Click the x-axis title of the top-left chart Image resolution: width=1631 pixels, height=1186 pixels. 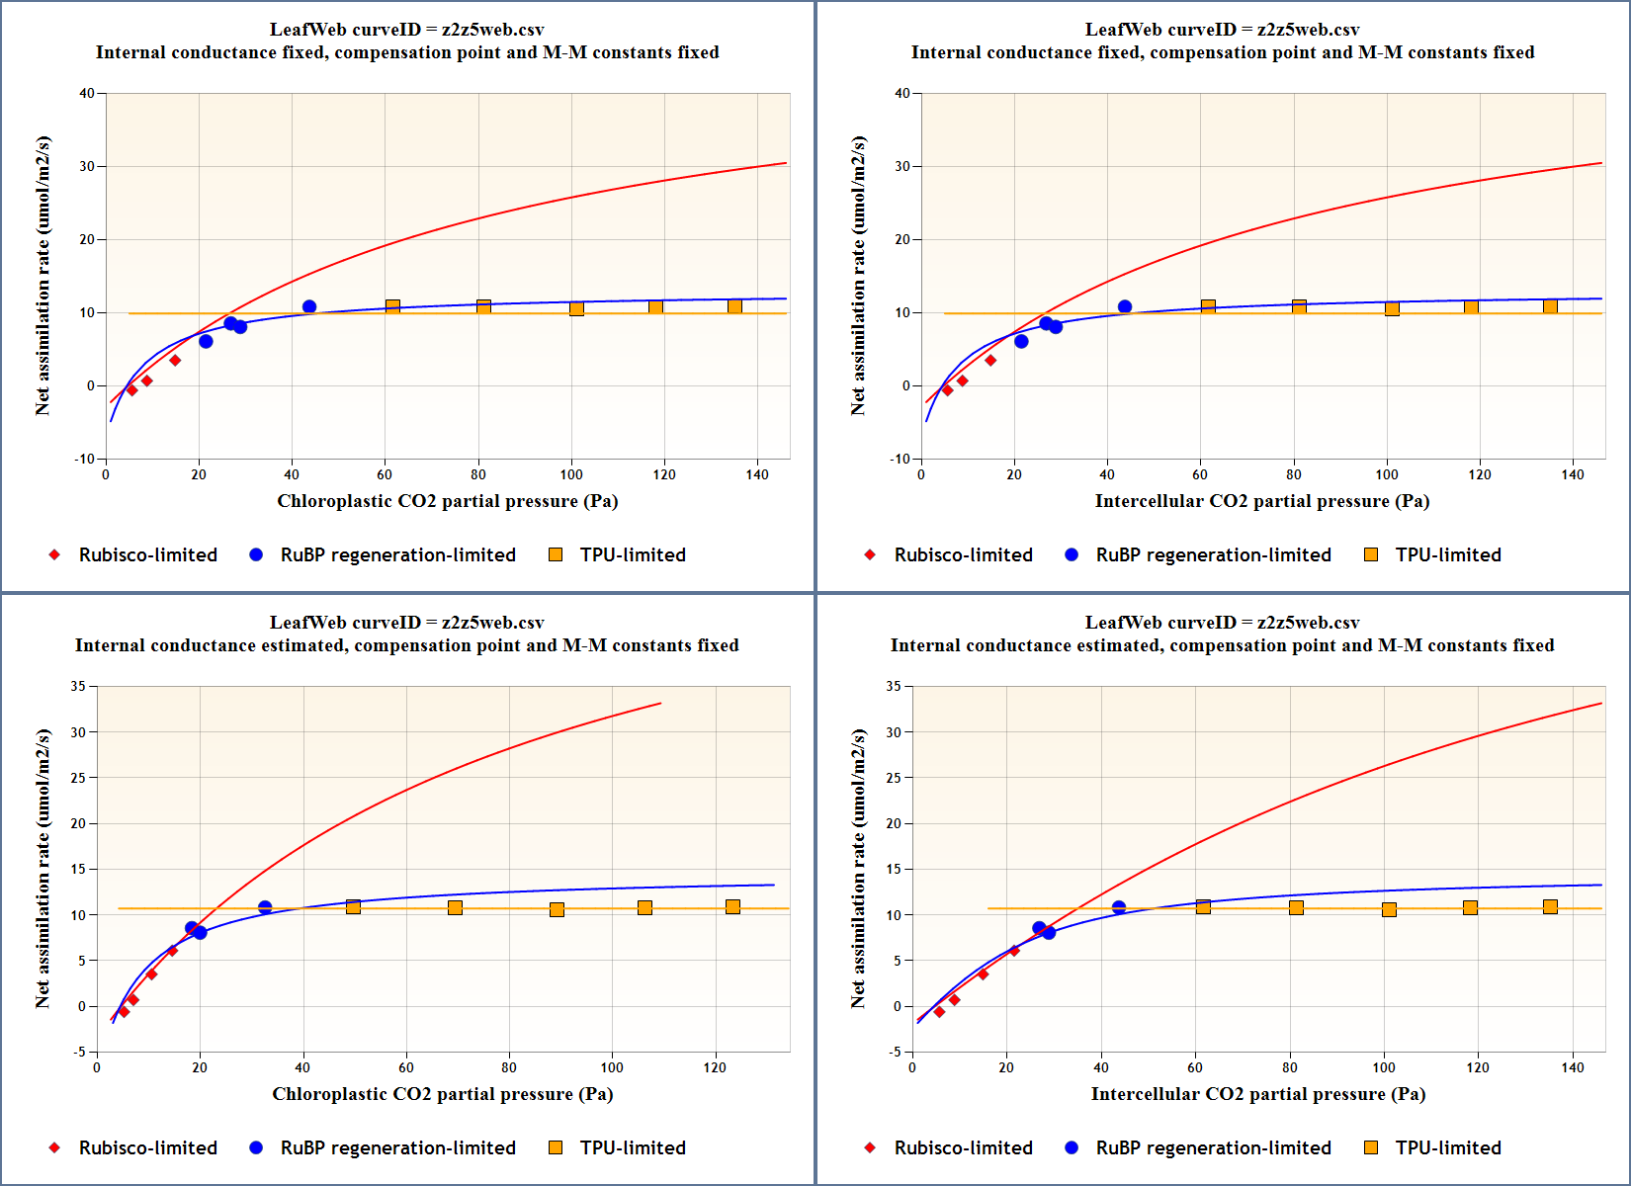[447, 501]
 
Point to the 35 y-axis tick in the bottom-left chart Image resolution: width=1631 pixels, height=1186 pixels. [79, 686]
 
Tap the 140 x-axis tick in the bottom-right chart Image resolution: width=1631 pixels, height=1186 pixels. [1572, 1067]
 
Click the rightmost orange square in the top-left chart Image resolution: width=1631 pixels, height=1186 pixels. [734, 307]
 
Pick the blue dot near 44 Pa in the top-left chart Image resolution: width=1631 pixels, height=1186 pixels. [309, 307]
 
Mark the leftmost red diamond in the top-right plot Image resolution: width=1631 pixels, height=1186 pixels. [947, 390]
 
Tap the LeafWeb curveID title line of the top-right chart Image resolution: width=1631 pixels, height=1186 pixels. [1222, 30]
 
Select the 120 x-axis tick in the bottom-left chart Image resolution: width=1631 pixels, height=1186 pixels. [715, 1067]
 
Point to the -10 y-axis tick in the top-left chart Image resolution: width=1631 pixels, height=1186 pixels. [85, 459]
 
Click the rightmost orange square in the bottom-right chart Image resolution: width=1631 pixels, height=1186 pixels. [1550, 907]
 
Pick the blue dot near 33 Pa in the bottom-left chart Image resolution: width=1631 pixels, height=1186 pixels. [265, 907]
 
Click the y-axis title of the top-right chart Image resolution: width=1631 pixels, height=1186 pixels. [858, 276]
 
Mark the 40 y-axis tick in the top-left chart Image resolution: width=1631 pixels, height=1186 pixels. [87, 94]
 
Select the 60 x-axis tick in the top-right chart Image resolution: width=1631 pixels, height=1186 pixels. [1200, 474]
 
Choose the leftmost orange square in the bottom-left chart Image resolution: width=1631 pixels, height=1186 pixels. [353, 907]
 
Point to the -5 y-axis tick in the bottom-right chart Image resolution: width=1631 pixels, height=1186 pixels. [895, 1052]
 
